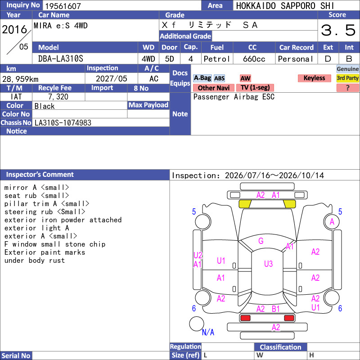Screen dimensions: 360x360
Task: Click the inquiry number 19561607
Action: coord(63,6)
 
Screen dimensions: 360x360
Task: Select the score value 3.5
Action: coord(338,30)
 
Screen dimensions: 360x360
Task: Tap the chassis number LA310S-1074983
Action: coord(63,123)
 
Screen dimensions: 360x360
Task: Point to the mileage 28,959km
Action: coord(20,79)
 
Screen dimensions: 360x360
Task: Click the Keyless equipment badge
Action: coord(314,78)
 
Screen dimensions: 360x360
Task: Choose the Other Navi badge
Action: coord(213,88)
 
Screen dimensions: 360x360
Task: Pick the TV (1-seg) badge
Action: coord(255,87)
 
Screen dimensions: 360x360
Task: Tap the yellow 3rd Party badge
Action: coord(347,78)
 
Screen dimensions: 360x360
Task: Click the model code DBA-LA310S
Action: coord(61,59)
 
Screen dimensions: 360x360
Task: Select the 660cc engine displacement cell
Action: coord(254,59)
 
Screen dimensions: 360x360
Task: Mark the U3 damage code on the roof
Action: coord(268,264)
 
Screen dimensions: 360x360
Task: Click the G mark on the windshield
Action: coord(261,241)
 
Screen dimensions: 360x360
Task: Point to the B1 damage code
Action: coord(275,309)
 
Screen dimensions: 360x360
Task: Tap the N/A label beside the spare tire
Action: coord(208,332)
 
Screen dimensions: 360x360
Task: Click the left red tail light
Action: coord(245,318)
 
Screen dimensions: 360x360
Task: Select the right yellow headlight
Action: coord(289,204)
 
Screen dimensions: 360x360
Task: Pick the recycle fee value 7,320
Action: coord(58,97)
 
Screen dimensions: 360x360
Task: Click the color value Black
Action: coord(45,106)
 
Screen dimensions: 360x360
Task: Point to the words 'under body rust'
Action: coord(35,261)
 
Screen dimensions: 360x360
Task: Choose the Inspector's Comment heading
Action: coord(40,175)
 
